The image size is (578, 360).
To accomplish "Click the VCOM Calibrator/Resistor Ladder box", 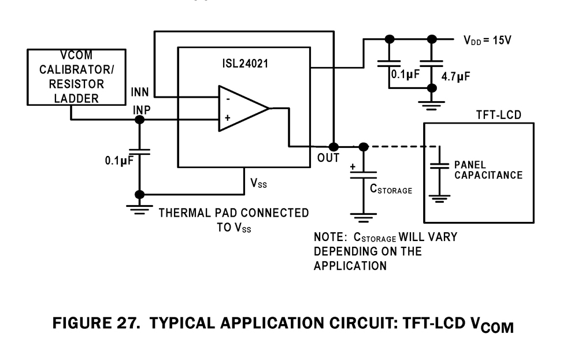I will coord(76,77).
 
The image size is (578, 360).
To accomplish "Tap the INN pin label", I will coord(140,92).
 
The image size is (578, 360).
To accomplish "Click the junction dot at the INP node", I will coord(139,120).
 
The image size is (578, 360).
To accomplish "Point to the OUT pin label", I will coord(328,158).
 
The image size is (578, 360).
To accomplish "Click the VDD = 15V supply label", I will coord(488,40).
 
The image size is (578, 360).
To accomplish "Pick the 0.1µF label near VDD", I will coord(405,75).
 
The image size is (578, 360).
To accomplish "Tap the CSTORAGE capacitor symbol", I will coord(363,173).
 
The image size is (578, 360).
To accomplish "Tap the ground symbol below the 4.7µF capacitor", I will coord(431,105).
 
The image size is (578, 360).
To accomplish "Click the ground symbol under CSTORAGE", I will coord(363,218).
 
